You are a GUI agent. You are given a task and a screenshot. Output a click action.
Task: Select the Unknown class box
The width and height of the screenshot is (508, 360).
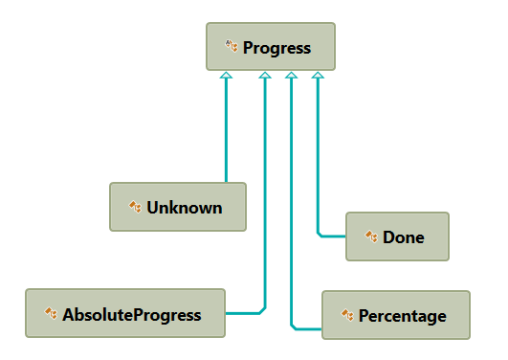coord(177,207)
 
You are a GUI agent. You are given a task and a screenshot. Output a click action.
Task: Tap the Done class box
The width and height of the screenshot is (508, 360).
coord(396,236)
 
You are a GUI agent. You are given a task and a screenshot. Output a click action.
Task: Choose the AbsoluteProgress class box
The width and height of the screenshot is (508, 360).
coord(124,313)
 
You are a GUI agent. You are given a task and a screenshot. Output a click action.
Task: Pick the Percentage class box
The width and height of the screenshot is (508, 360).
coord(395,315)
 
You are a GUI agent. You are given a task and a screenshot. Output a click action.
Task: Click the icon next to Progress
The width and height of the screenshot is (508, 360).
coord(232,46)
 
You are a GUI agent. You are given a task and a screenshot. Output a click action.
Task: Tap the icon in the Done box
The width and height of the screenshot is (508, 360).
coord(371,236)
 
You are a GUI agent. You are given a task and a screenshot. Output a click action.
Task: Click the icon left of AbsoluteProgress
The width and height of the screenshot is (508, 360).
coord(51,313)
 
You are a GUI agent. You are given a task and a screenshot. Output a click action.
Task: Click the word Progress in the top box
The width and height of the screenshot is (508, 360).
coord(276,47)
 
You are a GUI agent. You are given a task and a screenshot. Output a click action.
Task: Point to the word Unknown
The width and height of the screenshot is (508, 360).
coord(185,207)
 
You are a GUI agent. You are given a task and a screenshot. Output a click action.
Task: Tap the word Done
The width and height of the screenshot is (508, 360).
coord(403,236)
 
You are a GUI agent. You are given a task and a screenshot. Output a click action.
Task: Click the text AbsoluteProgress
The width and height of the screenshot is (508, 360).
coord(132,314)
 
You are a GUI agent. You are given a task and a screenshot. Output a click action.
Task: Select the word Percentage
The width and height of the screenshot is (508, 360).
coord(402,315)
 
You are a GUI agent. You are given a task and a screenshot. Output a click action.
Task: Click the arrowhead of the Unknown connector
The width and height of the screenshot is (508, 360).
coord(226,76)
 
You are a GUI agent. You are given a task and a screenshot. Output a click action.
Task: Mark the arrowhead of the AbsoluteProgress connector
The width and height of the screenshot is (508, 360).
coord(265,76)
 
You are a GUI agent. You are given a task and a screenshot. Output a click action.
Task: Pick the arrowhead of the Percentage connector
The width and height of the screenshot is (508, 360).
coord(291,76)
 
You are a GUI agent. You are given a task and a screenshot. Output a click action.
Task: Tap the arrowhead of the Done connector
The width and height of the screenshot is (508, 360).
coord(318,76)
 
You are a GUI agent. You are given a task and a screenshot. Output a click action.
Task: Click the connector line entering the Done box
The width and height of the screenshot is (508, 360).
coord(332,235)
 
